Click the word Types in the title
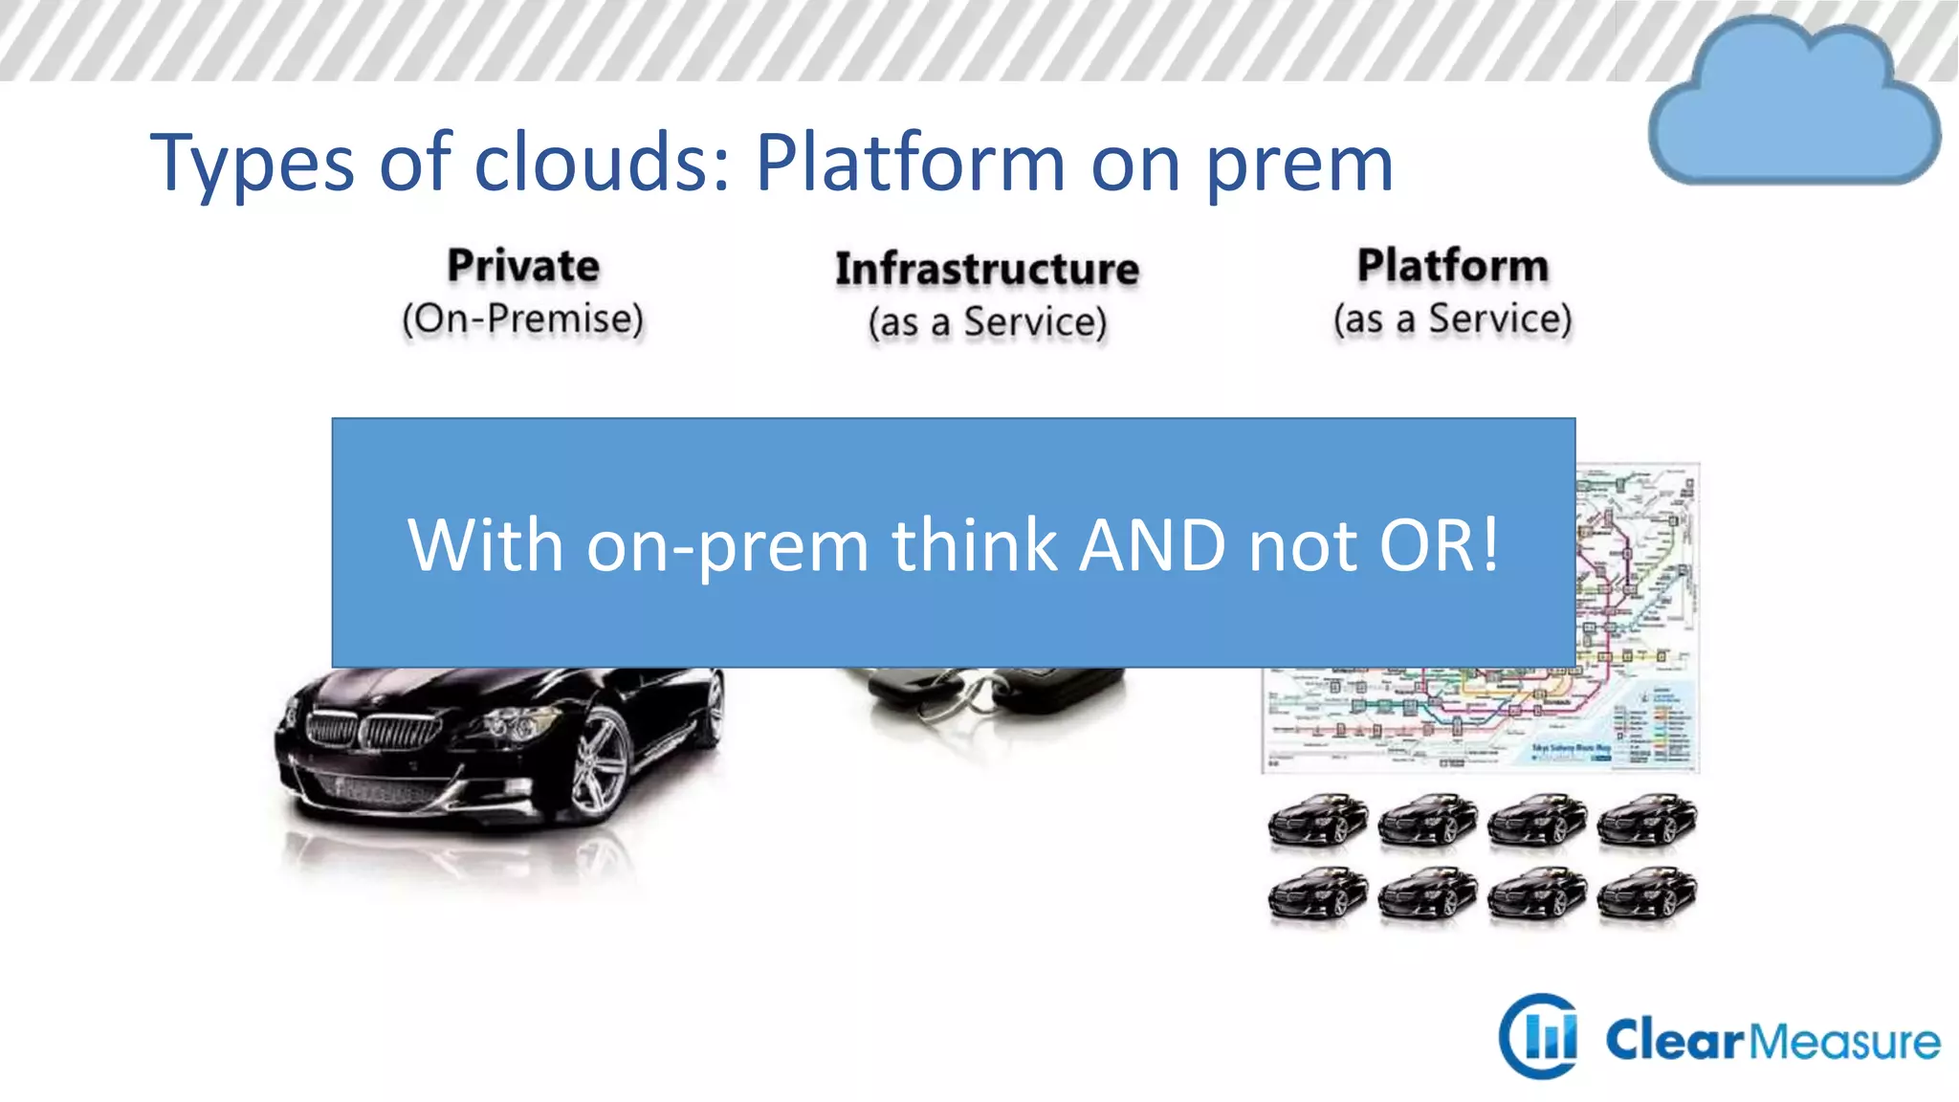(x=252, y=164)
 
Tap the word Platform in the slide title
(x=910, y=162)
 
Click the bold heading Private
(x=523, y=266)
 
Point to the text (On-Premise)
(x=522, y=319)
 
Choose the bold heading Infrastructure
(x=987, y=269)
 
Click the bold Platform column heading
(x=1452, y=266)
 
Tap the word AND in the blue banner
(x=1152, y=545)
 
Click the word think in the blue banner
(x=975, y=545)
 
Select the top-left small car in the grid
(x=1317, y=820)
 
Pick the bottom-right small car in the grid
(x=1646, y=893)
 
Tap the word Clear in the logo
(x=1675, y=1041)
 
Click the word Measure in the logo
(x=1845, y=1041)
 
